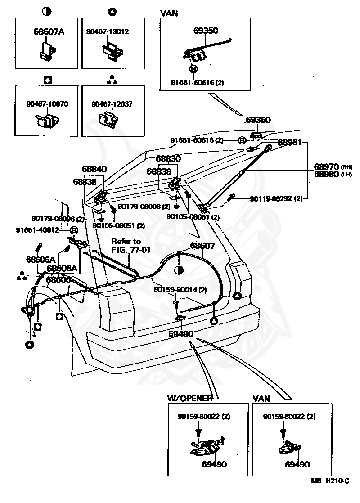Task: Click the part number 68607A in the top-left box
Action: pos(49,31)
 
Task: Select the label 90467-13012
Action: pos(108,31)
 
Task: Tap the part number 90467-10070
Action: pos(47,104)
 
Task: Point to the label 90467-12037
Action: pos(112,104)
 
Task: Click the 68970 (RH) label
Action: pos(333,166)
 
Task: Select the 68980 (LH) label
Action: pos(333,174)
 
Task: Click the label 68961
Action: pos(290,142)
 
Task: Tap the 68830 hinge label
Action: pos(168,158)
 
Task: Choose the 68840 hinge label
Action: pos(94,169)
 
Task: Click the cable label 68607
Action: pos(202,245)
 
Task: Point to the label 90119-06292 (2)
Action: pos(276,198)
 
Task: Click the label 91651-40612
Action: pos(37,230)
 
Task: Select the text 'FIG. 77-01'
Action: pos(131,250)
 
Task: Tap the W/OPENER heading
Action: pos(190,398)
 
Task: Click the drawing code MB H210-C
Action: pos(330,481)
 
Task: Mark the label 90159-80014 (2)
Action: pos(180,290)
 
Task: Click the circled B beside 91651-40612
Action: pos(74,230)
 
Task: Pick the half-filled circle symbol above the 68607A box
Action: pos(46,12)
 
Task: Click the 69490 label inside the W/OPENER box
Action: pos(214,464)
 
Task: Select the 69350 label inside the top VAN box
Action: pos(206,31)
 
